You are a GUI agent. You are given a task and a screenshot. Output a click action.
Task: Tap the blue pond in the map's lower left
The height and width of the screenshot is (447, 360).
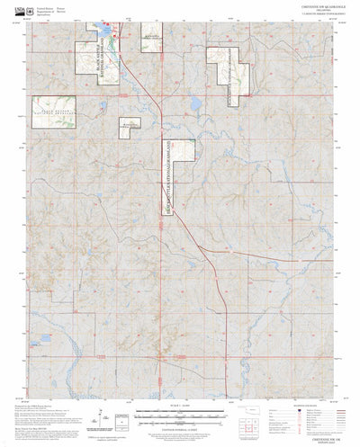point(43,340)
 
